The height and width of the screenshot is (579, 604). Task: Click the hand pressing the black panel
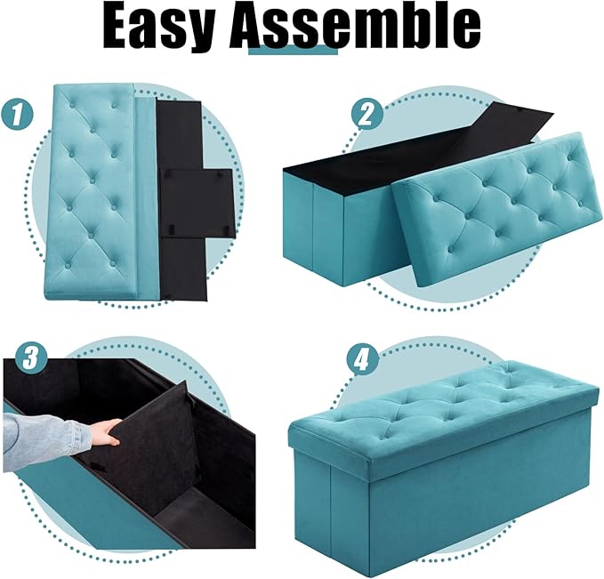point(106,433)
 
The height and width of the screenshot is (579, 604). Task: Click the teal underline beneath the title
point(294,51)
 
